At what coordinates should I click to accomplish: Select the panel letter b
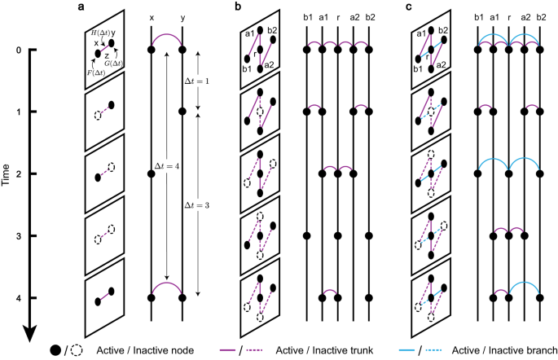[x=236, y=7]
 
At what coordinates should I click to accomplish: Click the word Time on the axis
[x=7, y=180]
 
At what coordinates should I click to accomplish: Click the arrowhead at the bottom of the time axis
[x=29, y=331]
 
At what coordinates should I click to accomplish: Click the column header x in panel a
[x=152, y=17]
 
